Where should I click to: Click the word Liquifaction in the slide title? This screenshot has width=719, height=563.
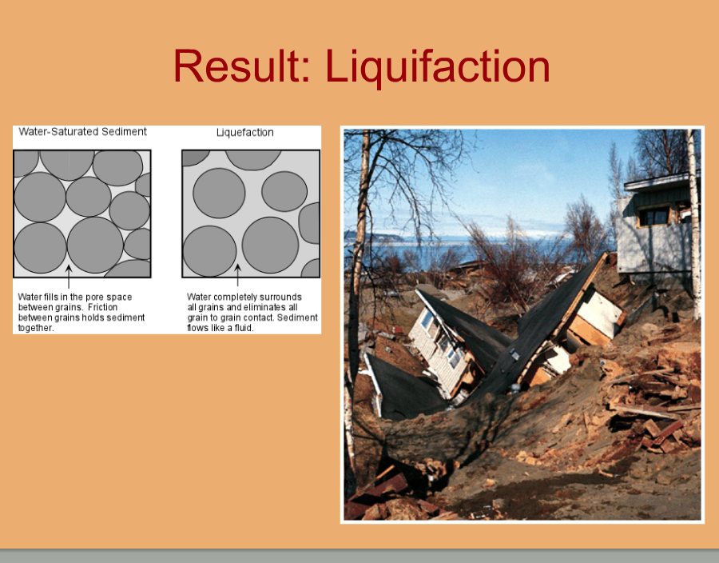pyautogui.click(x=438, y=67)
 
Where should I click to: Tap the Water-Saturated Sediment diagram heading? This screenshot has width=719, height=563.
pyautogui.click(x=82, y=132)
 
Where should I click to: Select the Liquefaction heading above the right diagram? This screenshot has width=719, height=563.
pyautogui.click(x=245, y=133)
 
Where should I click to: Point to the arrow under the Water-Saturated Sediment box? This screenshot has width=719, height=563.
pyautogui.click(x=69, y=276)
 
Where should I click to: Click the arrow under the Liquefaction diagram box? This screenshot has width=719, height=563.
pyautogui.click(x=237, y=275)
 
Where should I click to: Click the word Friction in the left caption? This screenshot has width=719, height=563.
pyautogui.click(x=103, y=307)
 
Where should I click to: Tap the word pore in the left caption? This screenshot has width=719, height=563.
pyautogui.click(x=94, y=297)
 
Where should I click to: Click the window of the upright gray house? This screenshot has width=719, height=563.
pyautogui.click(x=653, y=215)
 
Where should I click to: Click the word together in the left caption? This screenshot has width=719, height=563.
pyautogui.click(x=35, y=328)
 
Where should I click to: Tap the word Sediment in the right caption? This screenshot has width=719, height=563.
pyautogui.click(x=297, y=317)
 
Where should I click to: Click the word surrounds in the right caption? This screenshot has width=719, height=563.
pyautogui.click(x=280, y=297)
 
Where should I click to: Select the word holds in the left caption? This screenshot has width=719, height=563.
pyautogui.click(x=93, y=317)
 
